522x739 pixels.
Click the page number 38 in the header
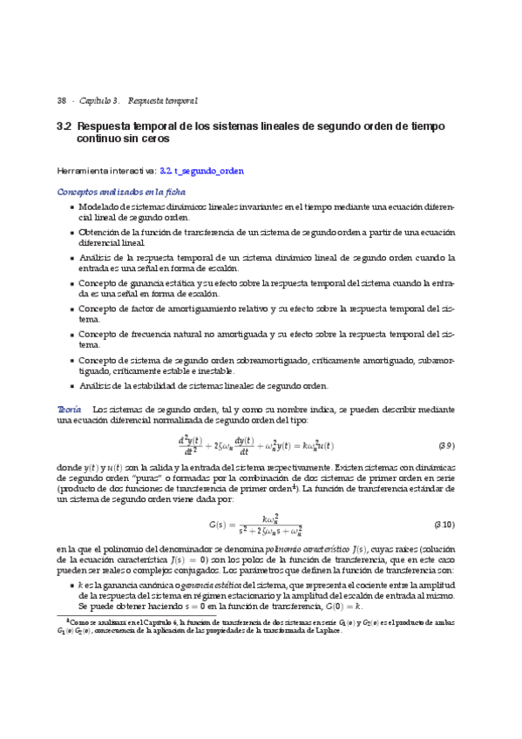pyautogui.click(x=61, y=101)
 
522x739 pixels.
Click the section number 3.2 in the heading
pyautogui.click(x=64, y=126)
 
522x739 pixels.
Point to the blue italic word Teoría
pyautogui.click(x=69, y=409)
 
